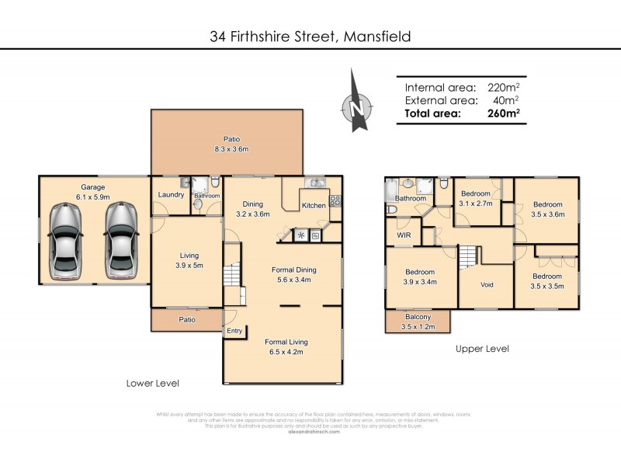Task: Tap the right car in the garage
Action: click(x=122, y=241)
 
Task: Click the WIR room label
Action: click(x=404, y=234)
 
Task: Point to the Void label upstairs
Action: click(x=487, y=285)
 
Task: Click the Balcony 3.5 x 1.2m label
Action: click(x=418, y=322)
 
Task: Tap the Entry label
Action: click(x=234, y=331)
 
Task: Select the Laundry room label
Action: click(x=170, y=195)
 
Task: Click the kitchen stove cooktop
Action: click(x=336, y=200)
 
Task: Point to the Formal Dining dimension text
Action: click(x=292, y=280)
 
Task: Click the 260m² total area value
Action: click(x=503, y=113)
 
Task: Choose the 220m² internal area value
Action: click(x=503, y=88)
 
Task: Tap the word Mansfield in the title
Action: click(x=369, y=37)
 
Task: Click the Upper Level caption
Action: click(x=482, y=349)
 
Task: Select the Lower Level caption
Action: click(x=153, y=383)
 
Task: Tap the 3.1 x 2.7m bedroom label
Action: click(x=475, y=199)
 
